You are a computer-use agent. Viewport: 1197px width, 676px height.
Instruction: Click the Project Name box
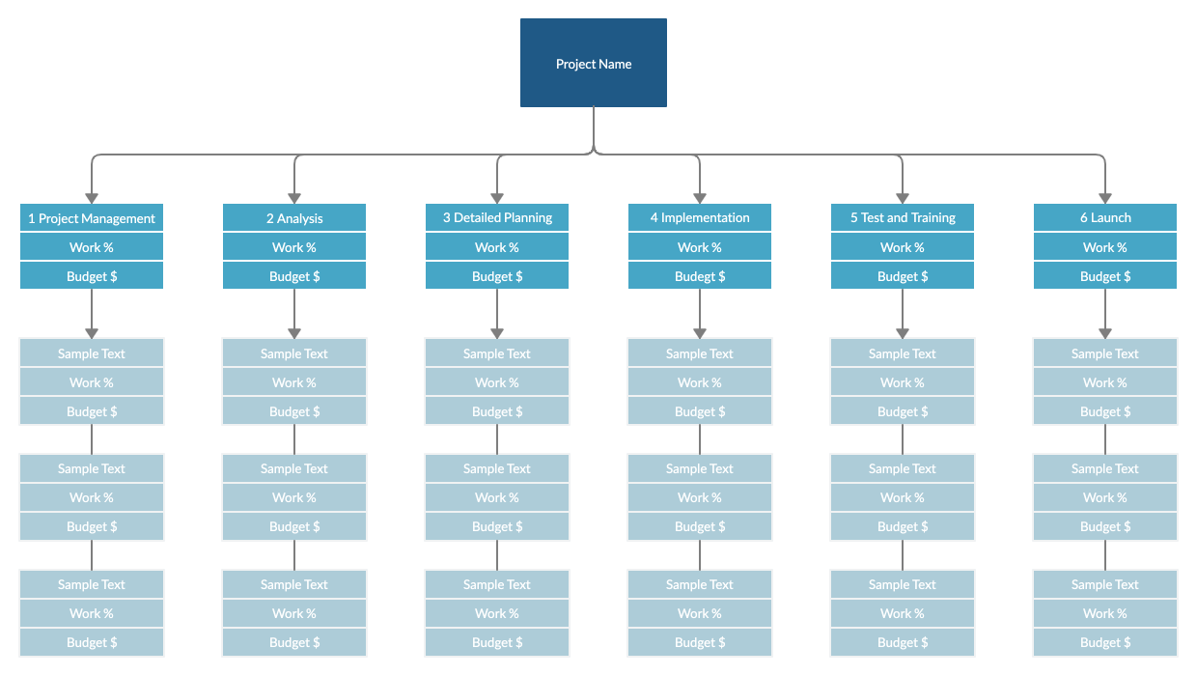pyautogui.click(x=594, y=63)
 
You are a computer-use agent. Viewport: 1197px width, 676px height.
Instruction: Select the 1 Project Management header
pyautogui.click(x=92, y=218)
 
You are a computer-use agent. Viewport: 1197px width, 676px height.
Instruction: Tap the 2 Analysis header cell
pyautogui.click(x=294, y=218)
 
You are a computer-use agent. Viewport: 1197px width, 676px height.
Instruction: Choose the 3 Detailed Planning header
pyautogui.click(x=497, y=218)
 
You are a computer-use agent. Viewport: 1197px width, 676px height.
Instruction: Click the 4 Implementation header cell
pyautogui.click(x=700, y=218)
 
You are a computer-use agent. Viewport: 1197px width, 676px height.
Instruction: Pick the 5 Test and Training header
pyautogui.click(x=903, y=218)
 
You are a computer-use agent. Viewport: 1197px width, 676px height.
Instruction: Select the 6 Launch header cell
pyautogui.click(x=1105, y=218)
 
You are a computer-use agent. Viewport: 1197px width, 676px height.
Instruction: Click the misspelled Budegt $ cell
pyautogui.click(x=700, y=276)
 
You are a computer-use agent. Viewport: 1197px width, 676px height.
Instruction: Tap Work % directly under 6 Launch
pyautogui.click(x=1105, y=247)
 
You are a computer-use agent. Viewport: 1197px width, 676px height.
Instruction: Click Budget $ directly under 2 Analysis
pyautogui.click(x=294, y=276)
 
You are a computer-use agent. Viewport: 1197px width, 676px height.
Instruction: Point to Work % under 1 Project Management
pyautogui.click(x=92, y=247)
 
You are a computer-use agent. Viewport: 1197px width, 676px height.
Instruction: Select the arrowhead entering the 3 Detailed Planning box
pyautogui.click(x=497, y=196)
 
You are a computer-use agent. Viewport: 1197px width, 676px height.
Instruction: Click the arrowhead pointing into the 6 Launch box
pyautogui.click(x=1105, y=196)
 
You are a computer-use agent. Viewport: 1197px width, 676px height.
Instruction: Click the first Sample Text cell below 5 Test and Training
pyautogui.click(x=903, y=353)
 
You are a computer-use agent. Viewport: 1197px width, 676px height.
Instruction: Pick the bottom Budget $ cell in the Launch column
pyautogui.click(x=1105, y=642)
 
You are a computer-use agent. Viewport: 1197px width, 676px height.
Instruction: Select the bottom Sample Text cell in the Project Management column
pyautogui.click(x=92, y=584)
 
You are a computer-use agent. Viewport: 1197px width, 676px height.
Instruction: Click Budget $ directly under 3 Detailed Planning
pyautogui.click(x=497, y=276)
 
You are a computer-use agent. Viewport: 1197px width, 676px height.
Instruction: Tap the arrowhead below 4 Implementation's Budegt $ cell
pyautogui.click(x=700, y=331)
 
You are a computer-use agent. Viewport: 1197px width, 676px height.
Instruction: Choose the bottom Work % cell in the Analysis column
pyautogui.click(x=294, y=613)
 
